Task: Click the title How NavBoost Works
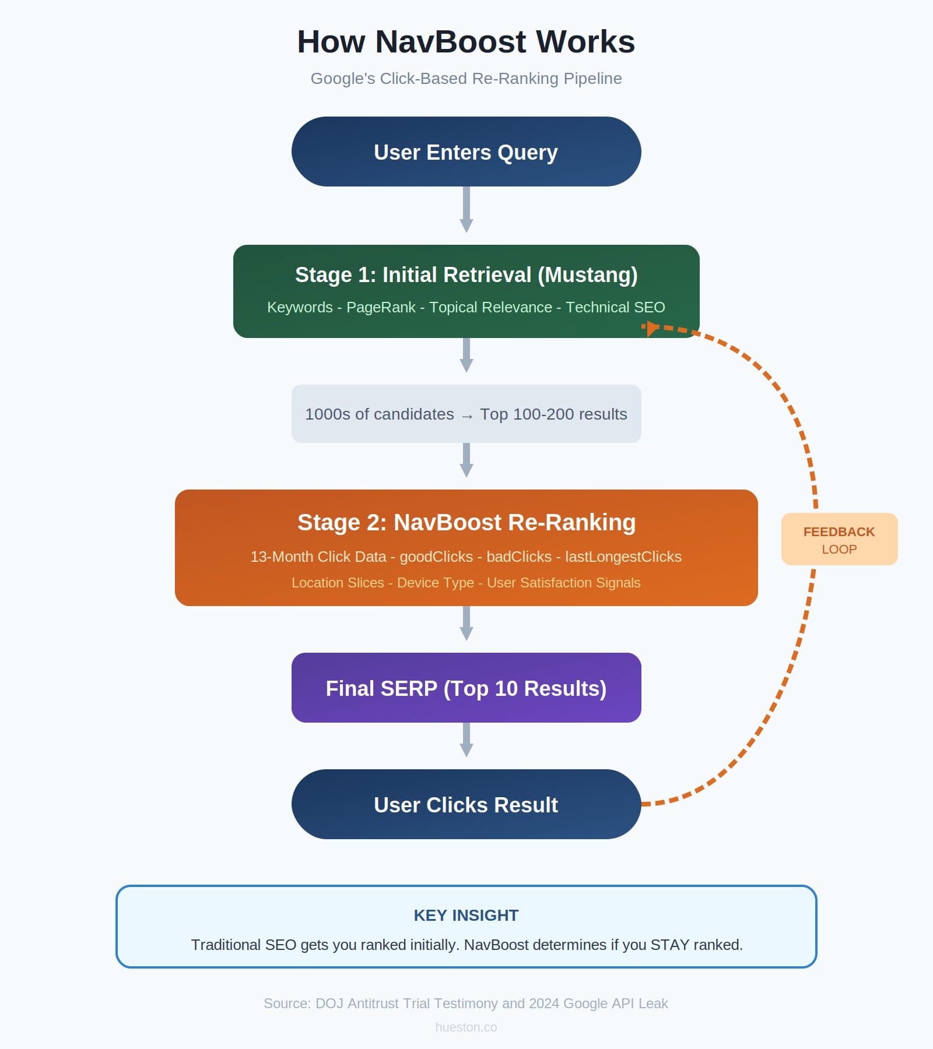coord(466,42)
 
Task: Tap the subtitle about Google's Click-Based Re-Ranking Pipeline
coord(466,79)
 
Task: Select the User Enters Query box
coord(466,152)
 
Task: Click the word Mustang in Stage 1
coord(587,275)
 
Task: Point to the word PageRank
coord(381,307)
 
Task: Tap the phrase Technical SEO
coord(615,307)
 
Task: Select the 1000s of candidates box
coord(466,414)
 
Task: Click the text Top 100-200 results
coord(553,414)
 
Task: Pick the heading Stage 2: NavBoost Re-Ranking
coord(466,523)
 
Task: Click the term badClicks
coord(519,557)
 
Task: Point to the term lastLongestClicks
coord(623,557)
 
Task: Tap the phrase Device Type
coord(435,583)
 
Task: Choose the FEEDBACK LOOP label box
coord(839,539)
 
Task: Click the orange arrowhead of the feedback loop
coord(651,328)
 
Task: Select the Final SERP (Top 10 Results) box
coord(466,688)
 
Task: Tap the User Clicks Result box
coord(466,804)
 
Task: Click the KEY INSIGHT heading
coord(466,916)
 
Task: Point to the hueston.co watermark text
coord(466,1027)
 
